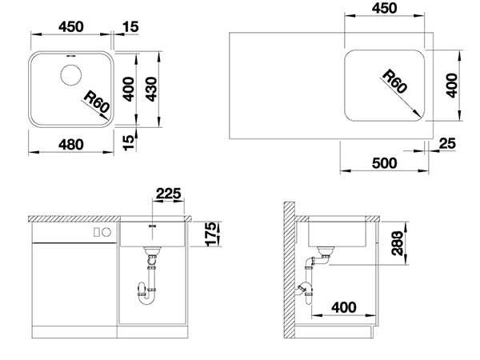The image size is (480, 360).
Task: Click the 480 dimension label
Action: [x=70, y=145]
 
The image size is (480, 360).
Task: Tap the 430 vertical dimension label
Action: [x=151, y=89]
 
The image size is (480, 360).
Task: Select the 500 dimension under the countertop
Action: [x=385, y=163]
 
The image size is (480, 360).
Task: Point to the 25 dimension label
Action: [x=447, y=143]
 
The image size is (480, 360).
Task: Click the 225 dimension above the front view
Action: [x=168, y=194]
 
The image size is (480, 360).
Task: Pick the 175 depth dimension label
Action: [x=211, y=234]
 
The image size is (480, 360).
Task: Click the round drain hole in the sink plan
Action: [x=71, y=75]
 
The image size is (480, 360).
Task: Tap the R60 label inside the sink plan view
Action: [x=97, y=102]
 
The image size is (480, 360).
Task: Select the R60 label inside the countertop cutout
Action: [x=395, y=81]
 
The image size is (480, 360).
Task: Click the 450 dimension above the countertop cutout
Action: [x=385, y=8]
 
